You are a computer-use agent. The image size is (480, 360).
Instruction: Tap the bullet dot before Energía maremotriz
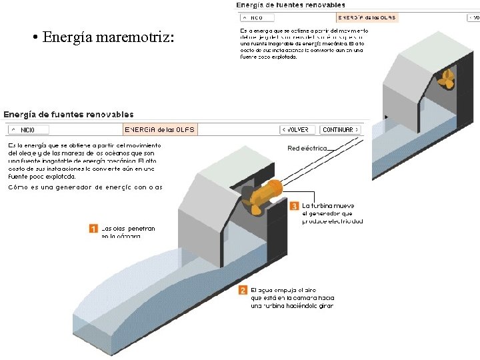33,37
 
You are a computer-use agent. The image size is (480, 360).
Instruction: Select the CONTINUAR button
338,129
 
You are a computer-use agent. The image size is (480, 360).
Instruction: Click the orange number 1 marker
93,229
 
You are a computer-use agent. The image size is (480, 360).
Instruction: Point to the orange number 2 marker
243,290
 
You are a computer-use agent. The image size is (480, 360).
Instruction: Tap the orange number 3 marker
294,206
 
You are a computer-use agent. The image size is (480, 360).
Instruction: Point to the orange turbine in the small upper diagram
447,79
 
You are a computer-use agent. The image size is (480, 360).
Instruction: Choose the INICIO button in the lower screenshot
29,129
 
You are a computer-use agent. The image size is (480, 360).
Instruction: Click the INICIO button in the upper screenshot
253,18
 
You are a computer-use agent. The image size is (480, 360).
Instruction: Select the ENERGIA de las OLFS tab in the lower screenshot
160,129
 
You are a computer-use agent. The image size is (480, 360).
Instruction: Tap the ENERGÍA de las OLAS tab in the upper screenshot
366,18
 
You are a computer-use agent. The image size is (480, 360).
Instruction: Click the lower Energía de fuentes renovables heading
69,115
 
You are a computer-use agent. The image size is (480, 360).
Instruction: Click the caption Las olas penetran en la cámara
128,232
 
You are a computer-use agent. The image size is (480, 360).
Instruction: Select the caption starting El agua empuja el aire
292,298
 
